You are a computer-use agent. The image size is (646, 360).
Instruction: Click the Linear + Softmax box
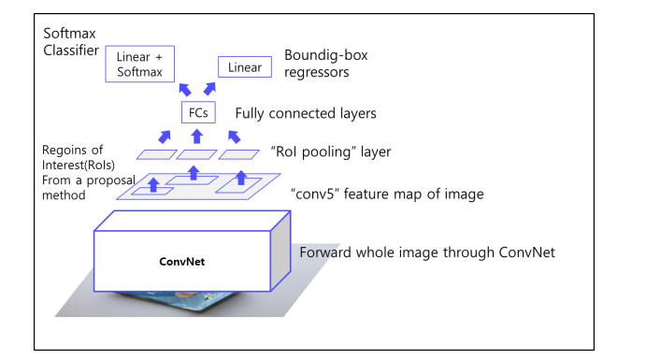point(139,64)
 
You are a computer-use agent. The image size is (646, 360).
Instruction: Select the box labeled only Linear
point(245,66)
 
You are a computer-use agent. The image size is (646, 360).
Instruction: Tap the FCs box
point(198,112)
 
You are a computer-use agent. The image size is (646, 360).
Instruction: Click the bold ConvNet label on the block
point(181,262)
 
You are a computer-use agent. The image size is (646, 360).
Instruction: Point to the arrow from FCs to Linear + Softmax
point(185,90)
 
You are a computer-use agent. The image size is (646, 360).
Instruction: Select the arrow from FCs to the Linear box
point(209,89)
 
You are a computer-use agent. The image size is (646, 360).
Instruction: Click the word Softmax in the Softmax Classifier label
point(69,33)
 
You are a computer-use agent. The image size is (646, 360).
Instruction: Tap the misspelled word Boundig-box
point(326,55)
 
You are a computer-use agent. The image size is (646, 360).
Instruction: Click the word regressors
point(316,73)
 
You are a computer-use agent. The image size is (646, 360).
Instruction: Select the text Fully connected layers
point(306,113)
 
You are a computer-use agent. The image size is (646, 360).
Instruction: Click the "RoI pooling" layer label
point(331,151)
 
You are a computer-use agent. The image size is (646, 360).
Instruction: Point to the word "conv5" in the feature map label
point(315,194)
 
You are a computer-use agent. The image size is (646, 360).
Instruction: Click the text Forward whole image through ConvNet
point(427,252)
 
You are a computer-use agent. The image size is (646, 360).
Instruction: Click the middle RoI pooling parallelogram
point(196,154)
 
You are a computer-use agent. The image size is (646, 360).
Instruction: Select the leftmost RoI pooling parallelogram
point(156,154)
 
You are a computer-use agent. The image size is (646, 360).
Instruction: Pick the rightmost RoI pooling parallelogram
point(239,154)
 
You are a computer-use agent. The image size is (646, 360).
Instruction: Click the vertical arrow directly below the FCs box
point(197,137)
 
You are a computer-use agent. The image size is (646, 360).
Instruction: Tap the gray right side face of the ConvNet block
point(280,252)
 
